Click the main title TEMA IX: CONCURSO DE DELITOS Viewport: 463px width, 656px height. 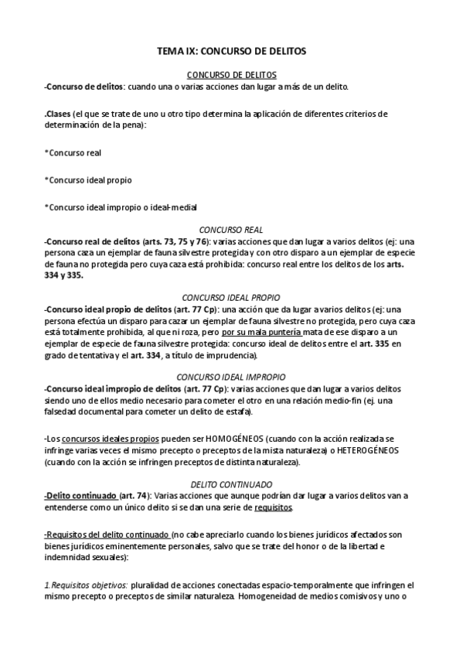[x=231, y=51]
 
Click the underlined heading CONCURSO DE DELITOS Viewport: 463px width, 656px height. [x=232, y=75]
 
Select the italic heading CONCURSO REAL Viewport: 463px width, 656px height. [x=231, y=230]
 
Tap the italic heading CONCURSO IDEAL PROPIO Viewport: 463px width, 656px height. [x=231, y=297]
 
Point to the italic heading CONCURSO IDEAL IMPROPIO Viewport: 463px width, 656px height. [x=231, y=377]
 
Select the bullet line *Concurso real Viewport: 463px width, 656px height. [x=73, y=153]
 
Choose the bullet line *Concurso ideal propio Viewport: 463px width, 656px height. [x=88, y=180]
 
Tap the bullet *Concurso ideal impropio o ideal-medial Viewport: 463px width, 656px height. [x=121, y=207]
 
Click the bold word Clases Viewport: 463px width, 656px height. [x=60, y=113]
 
